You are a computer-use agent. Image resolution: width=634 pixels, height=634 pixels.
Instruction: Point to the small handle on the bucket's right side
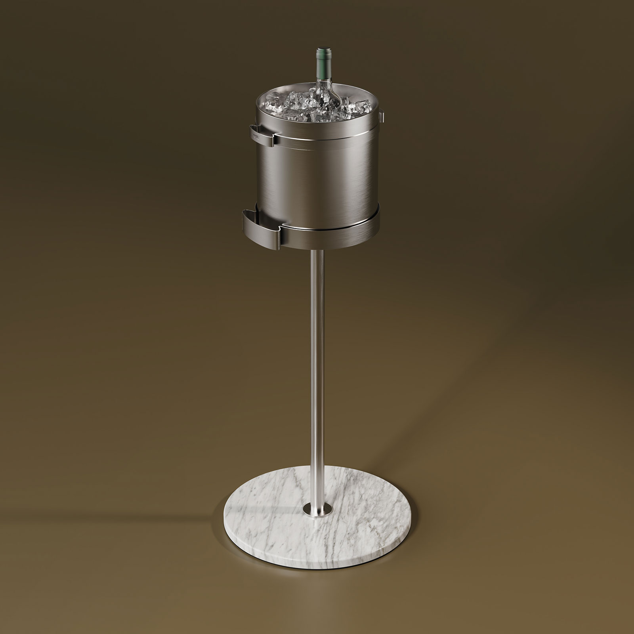[382, 117]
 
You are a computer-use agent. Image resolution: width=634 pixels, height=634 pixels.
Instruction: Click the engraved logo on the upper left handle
[256, 136]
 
